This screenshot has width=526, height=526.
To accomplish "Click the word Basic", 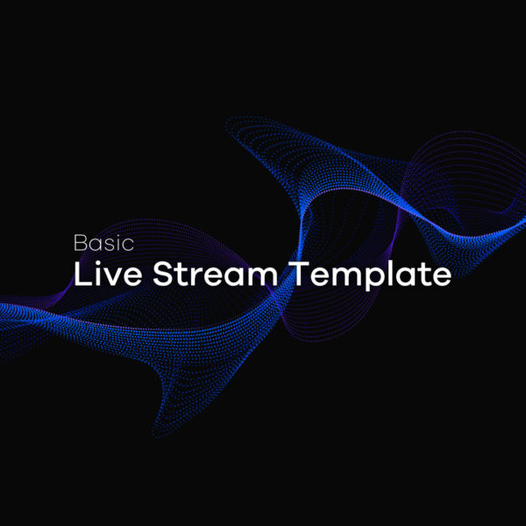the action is (103, 243).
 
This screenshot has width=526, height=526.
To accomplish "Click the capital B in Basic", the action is (81, 243).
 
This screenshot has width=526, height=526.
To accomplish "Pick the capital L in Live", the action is (82, 274).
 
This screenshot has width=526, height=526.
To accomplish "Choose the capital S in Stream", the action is (163, 274).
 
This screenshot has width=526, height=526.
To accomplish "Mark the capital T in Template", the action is (300, 274).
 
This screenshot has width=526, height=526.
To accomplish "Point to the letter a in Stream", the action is (233, 277).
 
